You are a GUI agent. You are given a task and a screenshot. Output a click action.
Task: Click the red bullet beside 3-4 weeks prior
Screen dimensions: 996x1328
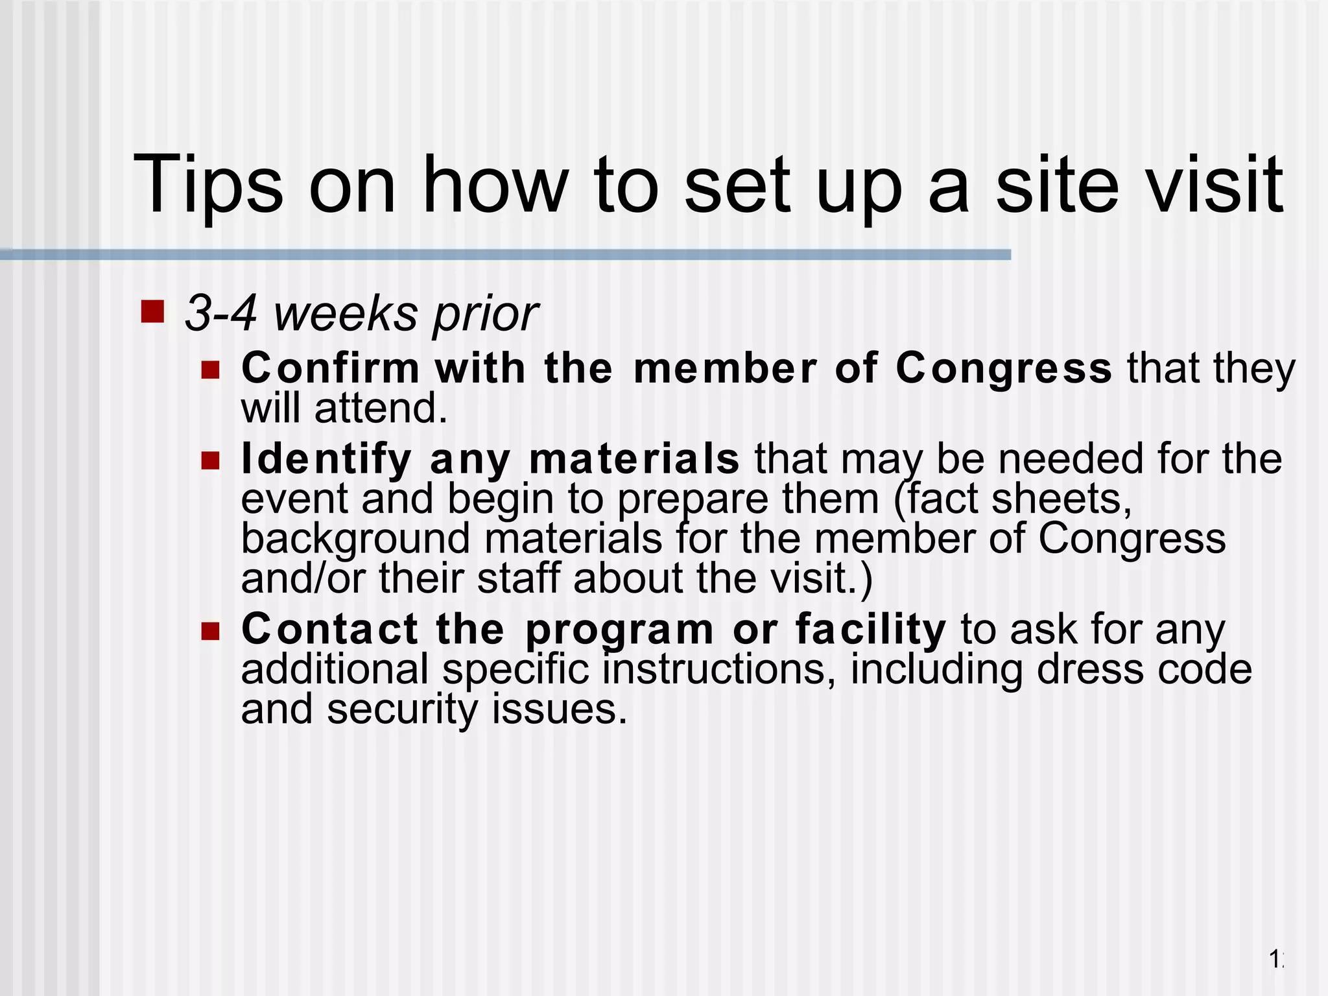click(x=152, y=311)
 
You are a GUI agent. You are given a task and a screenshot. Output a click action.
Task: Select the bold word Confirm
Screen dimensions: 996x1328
click(x=331, y=368)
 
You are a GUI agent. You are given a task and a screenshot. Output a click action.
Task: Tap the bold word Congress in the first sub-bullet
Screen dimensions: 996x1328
click(x=1004, y=370)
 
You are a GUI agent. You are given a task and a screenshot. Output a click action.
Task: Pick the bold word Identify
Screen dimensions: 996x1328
click(x=326, y=460)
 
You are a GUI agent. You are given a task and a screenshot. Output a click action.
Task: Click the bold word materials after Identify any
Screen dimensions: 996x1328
click(x=634, y=458)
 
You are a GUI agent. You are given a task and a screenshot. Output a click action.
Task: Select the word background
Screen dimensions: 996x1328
click(x=355, y=539)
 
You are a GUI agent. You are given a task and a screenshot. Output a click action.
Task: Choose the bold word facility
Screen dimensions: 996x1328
click(x=871, y=630)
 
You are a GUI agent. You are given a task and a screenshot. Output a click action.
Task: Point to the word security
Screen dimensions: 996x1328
click(x=402, y=710)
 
